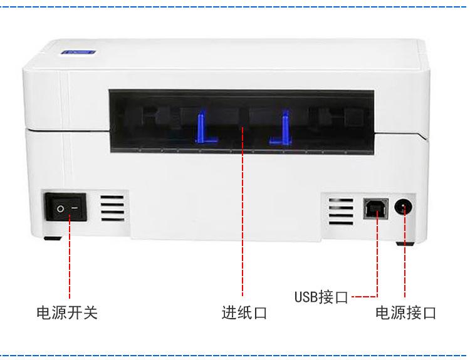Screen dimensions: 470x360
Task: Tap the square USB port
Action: point(377,208)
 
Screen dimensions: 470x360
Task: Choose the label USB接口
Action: point(321,296)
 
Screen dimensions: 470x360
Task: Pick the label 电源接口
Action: point(405,312)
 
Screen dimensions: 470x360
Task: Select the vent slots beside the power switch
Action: point(113,208)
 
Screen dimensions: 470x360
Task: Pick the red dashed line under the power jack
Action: point(405,263)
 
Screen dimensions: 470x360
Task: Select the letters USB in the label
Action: point(306,296)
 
